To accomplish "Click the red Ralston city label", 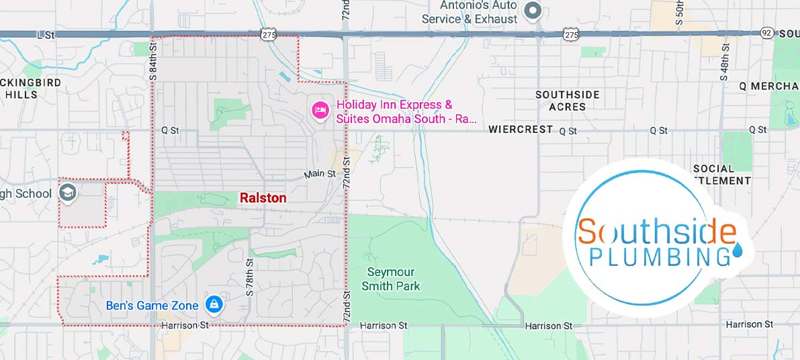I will coord(263,198).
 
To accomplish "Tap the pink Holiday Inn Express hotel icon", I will coord(320,110).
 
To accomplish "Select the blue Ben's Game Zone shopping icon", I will coord(214,305).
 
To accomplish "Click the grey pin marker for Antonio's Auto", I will coord(533,11).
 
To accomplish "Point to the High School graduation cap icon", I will coord(69,193).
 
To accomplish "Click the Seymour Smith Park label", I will coord(390,279).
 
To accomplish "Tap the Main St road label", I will coord(320,174).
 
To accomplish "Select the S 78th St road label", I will coord(249,277).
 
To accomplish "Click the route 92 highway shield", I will coord(766,33).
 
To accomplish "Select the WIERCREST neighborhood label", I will coord(521,129).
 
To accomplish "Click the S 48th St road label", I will coord(725,61).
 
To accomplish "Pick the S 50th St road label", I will coord(679,12).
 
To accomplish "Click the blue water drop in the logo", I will coord(738,250).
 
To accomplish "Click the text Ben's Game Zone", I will coord(152,306).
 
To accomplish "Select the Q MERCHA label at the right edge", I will coord(768,86).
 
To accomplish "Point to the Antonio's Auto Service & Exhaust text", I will coord(469,12).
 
